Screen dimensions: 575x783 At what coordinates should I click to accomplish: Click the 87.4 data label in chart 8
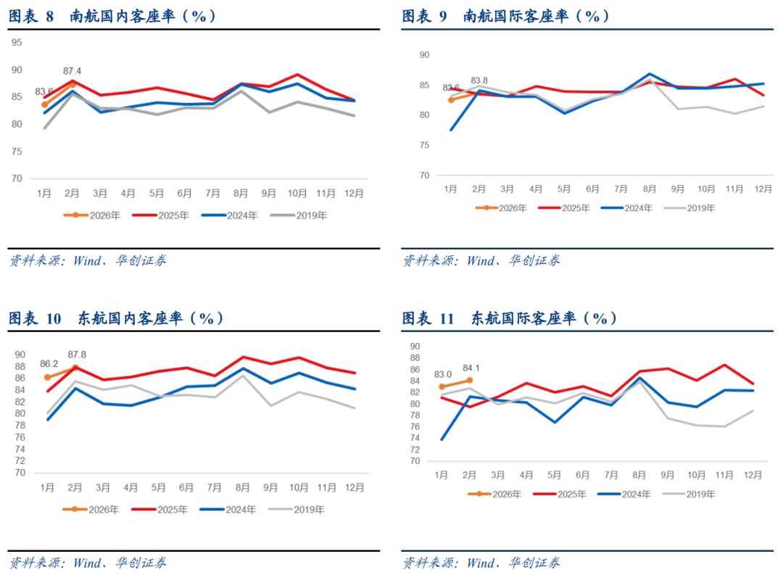(x=72, y=71)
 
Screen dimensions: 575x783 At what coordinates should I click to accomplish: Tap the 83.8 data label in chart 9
(x=479, y=80)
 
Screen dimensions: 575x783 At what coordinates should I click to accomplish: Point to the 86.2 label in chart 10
(x=49, y=364)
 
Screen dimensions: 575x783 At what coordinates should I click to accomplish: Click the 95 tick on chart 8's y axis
(x=17, y=43)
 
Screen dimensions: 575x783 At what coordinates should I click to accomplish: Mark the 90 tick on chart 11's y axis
(x=414, y=346)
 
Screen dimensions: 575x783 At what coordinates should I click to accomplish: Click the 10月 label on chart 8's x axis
(x=297, y=194)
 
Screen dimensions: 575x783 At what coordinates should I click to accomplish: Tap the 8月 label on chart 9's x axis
(x=649, y=189)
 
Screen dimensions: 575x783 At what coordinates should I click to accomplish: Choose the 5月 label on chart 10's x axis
(x=158, y=487)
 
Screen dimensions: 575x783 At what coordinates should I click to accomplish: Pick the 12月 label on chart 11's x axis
(x=753, y=475)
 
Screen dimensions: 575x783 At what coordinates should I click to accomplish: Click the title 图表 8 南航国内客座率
(x=112, y=16)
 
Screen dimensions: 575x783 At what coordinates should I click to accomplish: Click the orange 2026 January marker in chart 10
(x=48, y=377)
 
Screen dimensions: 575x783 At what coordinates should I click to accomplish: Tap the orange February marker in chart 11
(x=470, y=380)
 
